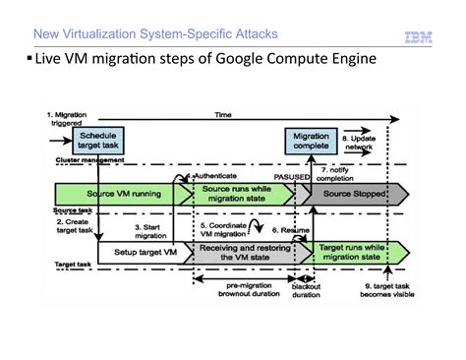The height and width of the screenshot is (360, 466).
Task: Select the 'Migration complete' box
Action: [312, 141]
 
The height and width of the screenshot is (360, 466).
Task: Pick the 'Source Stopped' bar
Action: [345, 193]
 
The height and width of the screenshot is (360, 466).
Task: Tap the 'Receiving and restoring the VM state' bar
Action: [243, 253]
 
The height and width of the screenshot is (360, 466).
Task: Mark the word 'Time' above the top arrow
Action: [226, 115]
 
